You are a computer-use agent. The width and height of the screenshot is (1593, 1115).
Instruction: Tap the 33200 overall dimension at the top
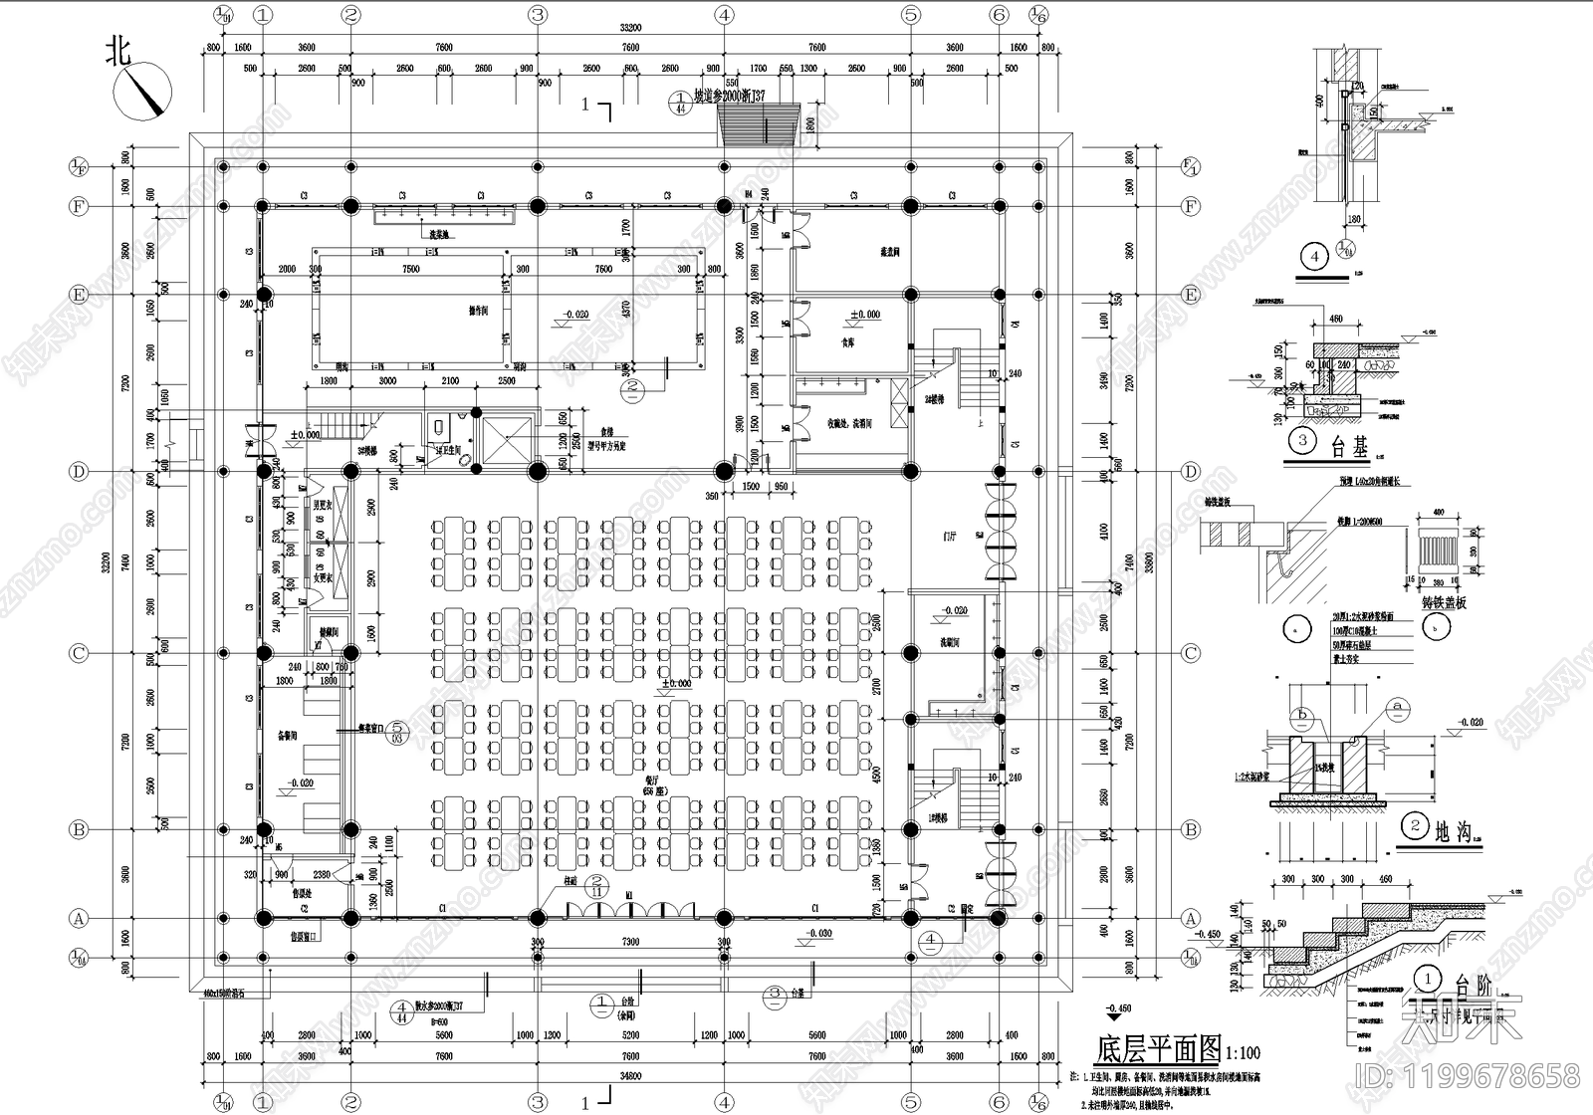coord(630,29)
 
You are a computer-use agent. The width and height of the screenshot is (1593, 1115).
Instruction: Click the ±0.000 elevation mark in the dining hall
coord(677,684)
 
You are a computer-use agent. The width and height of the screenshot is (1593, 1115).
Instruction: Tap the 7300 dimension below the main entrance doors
coord(630,941)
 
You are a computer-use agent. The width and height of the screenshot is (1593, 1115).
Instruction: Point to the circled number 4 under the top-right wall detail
coord(1315,257)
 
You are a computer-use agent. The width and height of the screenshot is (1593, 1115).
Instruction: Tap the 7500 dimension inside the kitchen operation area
coord(410,269)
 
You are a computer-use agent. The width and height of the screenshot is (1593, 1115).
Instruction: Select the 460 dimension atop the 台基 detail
coord(1335,320)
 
